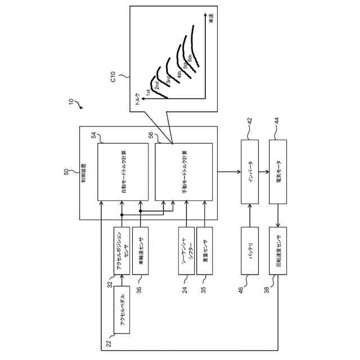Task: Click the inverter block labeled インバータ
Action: coord(250,172)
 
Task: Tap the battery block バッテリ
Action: coord(250,251)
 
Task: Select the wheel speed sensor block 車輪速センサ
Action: coord(141,251)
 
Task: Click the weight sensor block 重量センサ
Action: coord(205,251)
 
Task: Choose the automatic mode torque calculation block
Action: coord(123,172)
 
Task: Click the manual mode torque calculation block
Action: coord(184,172)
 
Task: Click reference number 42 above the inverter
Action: coord(250,120)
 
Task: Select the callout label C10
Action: coord(113,76)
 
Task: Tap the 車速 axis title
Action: coord(211,18)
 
